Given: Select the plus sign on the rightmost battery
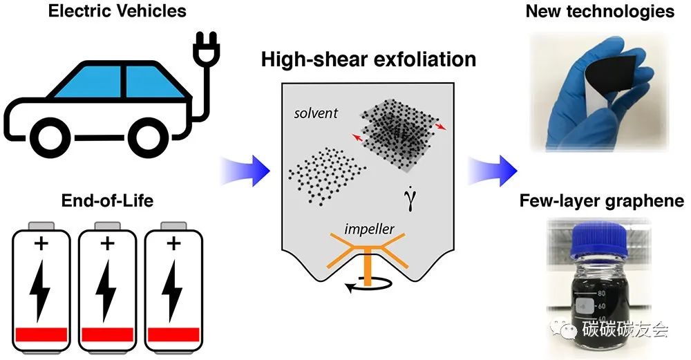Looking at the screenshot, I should click(x=173, y=243).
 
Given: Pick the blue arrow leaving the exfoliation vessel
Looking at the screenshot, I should click(x=491, y=168).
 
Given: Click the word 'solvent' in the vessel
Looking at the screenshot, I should click(x=314, y=112).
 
